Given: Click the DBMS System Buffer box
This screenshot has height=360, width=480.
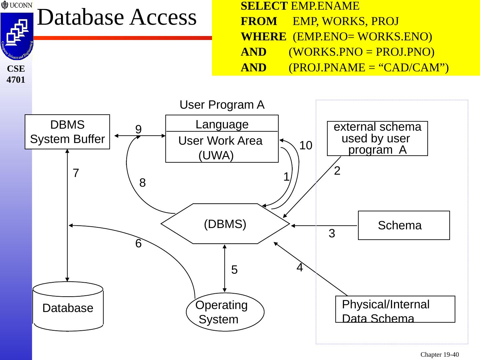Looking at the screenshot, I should point(67,132).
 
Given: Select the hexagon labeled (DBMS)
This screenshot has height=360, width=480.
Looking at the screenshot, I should point(225,224).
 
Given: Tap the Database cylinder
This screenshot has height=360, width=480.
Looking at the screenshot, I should point(68,307).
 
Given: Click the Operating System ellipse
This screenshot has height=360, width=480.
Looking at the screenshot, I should point(225,312).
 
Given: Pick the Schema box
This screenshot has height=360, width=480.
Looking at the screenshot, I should point(404,225).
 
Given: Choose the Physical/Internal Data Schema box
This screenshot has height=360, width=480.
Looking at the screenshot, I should point(395,309).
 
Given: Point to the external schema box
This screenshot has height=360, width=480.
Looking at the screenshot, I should point(377,138).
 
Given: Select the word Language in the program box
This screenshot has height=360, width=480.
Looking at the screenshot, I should point(222,124).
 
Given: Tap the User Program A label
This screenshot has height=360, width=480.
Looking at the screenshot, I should point(222,105).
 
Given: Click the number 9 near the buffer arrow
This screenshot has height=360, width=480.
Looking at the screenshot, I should point(138,129).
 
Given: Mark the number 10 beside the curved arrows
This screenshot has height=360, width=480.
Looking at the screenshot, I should point(306,145).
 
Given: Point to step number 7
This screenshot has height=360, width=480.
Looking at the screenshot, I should point(76,173).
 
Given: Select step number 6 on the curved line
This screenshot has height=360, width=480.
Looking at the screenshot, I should point(138,244).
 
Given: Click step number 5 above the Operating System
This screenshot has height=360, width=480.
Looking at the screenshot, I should point(234,270).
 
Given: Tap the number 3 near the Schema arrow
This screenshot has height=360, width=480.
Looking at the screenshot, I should point(332,234).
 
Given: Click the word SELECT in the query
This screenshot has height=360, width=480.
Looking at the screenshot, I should point(264,6).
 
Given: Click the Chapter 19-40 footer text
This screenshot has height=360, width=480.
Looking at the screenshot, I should point(439,355).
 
